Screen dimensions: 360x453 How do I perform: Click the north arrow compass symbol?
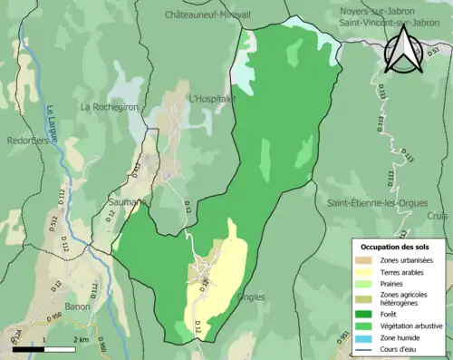tap(403, 51)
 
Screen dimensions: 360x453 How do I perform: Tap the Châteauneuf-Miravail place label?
tap(206, 15)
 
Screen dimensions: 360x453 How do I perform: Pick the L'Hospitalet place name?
tap(213, 98)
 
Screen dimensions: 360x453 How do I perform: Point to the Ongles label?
tap(249, 297)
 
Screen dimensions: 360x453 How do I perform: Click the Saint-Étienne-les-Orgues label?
tap(378, 201)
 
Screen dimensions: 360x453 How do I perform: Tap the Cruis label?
tap(439, 216)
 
